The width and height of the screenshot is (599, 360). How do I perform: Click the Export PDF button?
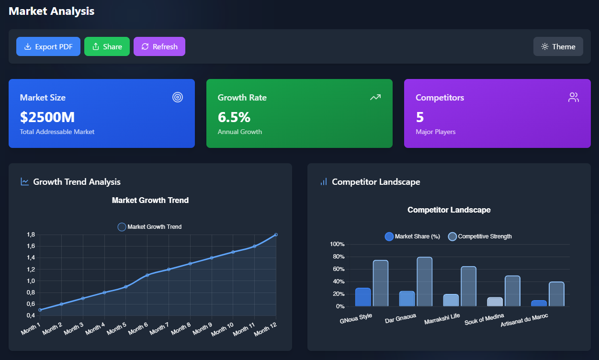[x=48, y=46]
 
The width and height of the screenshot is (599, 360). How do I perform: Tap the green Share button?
[x=107, y=46]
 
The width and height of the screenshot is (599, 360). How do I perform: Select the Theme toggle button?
[x=558, y=46]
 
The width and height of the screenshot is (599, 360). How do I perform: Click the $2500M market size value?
[x=47, y=117]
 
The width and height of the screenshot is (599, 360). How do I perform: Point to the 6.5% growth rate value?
[x=234, y=117]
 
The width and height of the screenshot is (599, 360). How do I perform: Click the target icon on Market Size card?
[x=178, y=97]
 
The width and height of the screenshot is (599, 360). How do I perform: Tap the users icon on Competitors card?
[x=573, y=97]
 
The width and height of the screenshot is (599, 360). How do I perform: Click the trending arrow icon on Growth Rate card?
[x=375, y=97]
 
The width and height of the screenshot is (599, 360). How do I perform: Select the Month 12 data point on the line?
[x=276, y=235]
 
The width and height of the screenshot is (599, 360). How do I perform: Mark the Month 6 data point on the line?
[x=147, y=275]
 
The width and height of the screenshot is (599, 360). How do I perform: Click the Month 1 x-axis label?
[x=31, y=329]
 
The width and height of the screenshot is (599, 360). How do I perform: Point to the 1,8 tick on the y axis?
[x=31, y=235]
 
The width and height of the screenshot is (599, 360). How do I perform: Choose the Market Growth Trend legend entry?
[x=149, y=227]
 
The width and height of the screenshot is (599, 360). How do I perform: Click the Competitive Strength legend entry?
[x=480, y=236]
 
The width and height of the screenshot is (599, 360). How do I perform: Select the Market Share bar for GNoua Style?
[x=363, y=297]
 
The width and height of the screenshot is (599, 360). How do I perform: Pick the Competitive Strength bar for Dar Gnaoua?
[x=424, y=282]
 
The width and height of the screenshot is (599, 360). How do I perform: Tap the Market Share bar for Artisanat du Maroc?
[x=539, y=304]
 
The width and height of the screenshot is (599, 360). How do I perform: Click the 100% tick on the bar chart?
[x=337, y=244]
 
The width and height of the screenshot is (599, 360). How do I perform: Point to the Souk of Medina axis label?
[x=484, y=319]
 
